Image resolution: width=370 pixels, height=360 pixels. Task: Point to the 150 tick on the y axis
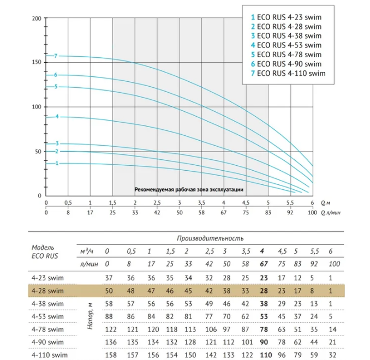(x=37, y=62)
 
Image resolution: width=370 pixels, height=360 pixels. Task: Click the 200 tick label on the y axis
(x=37, y=19)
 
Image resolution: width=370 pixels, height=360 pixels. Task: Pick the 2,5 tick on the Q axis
(x=157, y=203)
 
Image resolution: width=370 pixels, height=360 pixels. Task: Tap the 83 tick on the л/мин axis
(x=268, y=213)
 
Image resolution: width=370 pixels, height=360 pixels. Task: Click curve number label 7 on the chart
(x=56, y=56)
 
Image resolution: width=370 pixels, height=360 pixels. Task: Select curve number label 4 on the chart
(x=57, y=116)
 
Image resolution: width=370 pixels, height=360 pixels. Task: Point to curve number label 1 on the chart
(x=57, y=163)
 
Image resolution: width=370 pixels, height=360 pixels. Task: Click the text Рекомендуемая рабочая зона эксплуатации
(x=189, y=189)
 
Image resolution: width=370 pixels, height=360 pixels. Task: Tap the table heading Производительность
(x=210, y=238)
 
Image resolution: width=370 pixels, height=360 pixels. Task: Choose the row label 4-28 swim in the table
(x=47, y=291)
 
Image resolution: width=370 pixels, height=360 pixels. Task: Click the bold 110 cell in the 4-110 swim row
(x=266, y=355)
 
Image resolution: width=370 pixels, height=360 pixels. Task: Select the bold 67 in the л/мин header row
(x=264, y=264)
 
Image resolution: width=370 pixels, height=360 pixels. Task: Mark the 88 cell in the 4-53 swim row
(x=109, y=316)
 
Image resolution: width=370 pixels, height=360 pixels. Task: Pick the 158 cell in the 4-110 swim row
(x=111, y=355)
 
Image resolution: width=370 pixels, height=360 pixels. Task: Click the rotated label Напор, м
(x=90, y=316)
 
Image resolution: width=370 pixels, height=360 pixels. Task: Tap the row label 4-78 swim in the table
(x=47, y=329)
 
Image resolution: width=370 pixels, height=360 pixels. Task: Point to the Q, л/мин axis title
(x=331, y=213)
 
